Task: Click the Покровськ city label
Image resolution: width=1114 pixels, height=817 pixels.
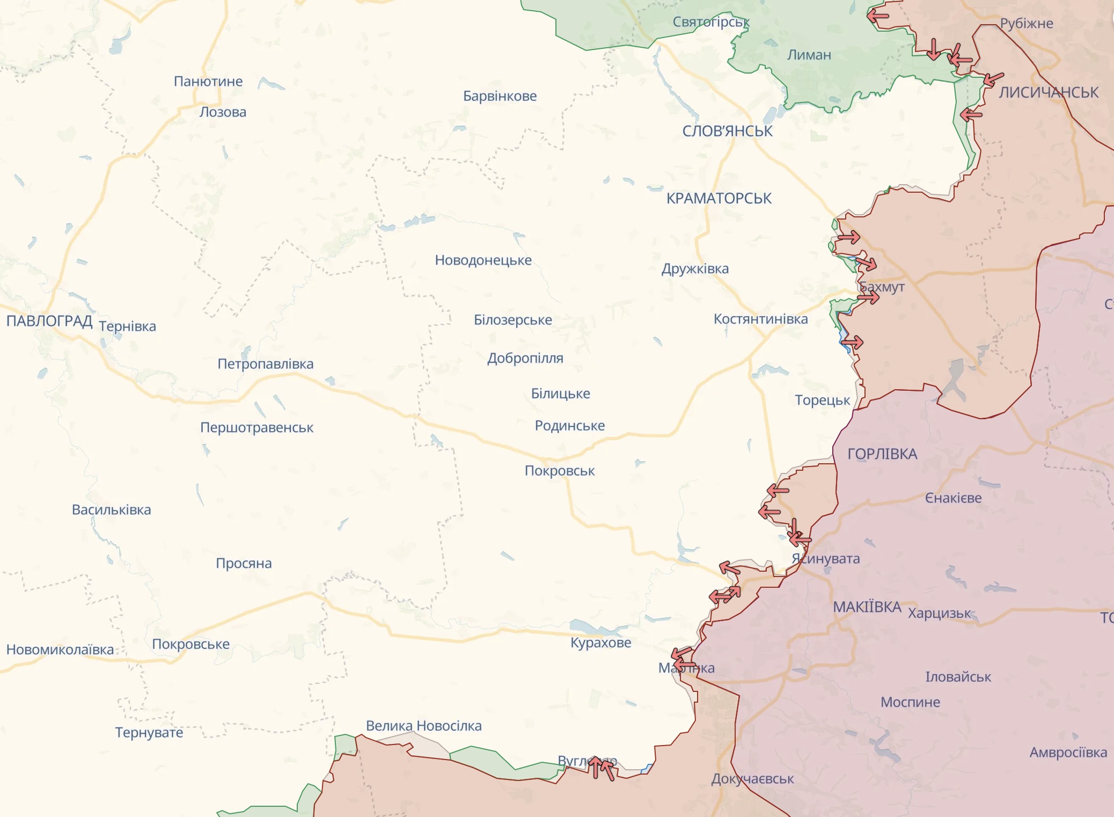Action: click(x=559, y=471)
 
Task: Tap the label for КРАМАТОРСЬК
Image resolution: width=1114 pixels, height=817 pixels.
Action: click(x=719, y=199)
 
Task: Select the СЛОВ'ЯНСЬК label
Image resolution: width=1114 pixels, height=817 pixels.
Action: click(x=727, y=131)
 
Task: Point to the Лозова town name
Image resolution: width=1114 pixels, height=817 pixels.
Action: click(x=223, y=112)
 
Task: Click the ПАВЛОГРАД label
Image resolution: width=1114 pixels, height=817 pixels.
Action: click(x=49, y=321)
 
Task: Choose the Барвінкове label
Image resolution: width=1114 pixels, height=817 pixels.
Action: click(x=500, y=96)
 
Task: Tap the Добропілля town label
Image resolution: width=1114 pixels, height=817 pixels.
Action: click(x=525, y=358)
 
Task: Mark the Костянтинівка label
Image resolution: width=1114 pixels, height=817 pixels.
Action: click(x=760, y=319)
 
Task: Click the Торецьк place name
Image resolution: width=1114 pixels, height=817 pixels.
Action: click(x=822, y=400)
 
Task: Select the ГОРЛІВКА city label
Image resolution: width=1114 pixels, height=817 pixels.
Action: click(x=882, y=454)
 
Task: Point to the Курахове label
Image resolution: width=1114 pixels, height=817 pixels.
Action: click(x=600, y=643)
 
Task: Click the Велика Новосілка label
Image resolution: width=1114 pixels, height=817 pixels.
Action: click(x=423, y=726)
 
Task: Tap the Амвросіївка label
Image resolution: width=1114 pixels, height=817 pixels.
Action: click(x=1068, y=753)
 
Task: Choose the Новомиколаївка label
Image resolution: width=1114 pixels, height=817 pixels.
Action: click(x=60, y=650)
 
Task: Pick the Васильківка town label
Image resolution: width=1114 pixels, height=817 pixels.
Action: click(x=112, y=509)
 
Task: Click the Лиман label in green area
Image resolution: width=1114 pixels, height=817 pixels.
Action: click(x=809, y=55)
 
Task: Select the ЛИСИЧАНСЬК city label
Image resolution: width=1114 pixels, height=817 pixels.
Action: click(x=1048, y=92)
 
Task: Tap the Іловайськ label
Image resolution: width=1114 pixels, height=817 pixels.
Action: click(x=958, y=677)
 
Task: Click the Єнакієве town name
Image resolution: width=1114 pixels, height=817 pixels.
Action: click(x=953, y=498)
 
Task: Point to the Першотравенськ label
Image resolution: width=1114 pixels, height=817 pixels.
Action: click(x=256, y=428)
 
